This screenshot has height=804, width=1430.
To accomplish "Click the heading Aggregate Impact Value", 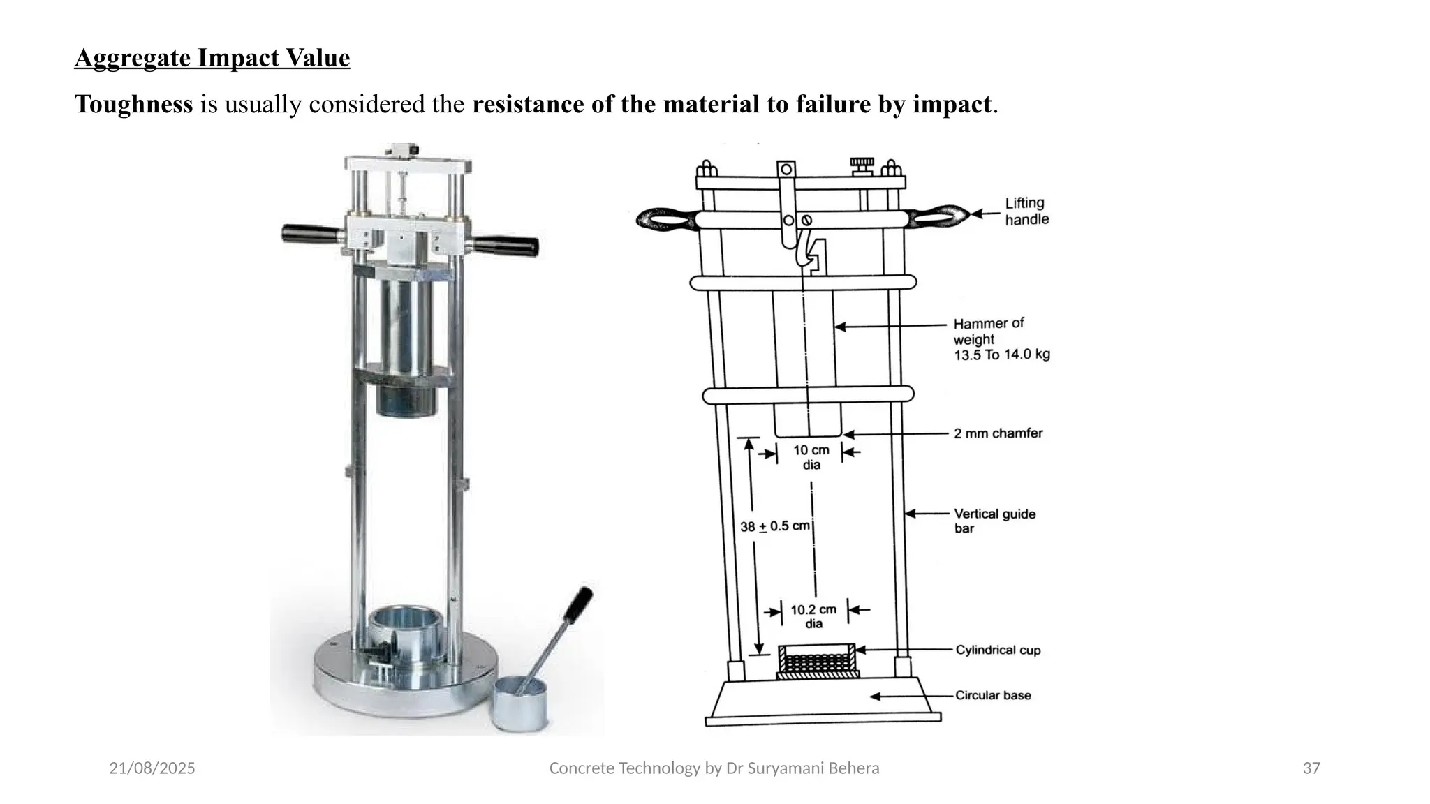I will (212, 58).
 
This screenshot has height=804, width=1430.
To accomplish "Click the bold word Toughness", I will (133, 105).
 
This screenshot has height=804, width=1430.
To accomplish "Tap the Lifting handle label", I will (1026, 211).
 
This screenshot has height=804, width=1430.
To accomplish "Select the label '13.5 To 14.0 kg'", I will (1001, 355).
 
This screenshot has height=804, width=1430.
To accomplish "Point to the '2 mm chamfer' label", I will (998, 433).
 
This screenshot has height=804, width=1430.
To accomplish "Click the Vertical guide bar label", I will (994, 521).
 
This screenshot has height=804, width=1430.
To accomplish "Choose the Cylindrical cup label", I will (998, 650).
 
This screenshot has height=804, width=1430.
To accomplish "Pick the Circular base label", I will (992, 695).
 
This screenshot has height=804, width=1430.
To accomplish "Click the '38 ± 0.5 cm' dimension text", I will (774, 526).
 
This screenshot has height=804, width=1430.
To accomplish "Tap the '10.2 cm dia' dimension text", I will (813, 616).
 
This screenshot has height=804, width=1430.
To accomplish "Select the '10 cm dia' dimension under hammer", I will (811, 457).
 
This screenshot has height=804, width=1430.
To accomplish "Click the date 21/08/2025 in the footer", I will (152, 768).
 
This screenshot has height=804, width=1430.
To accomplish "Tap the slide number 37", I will (1311, 768).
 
